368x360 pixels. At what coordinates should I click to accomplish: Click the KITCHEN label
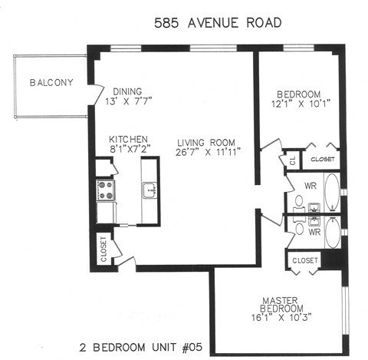tap(128, 139)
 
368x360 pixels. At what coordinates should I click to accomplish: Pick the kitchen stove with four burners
tap(104, 189)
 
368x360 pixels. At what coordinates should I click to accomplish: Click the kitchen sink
tap(149, 190)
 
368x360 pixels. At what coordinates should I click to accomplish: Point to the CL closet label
tap(292, 160)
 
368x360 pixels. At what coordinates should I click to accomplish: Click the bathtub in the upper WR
tap(332, 193)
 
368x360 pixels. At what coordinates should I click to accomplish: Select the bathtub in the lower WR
tap(332, 232)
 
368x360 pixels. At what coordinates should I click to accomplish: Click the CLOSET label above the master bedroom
tap(304, 261)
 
